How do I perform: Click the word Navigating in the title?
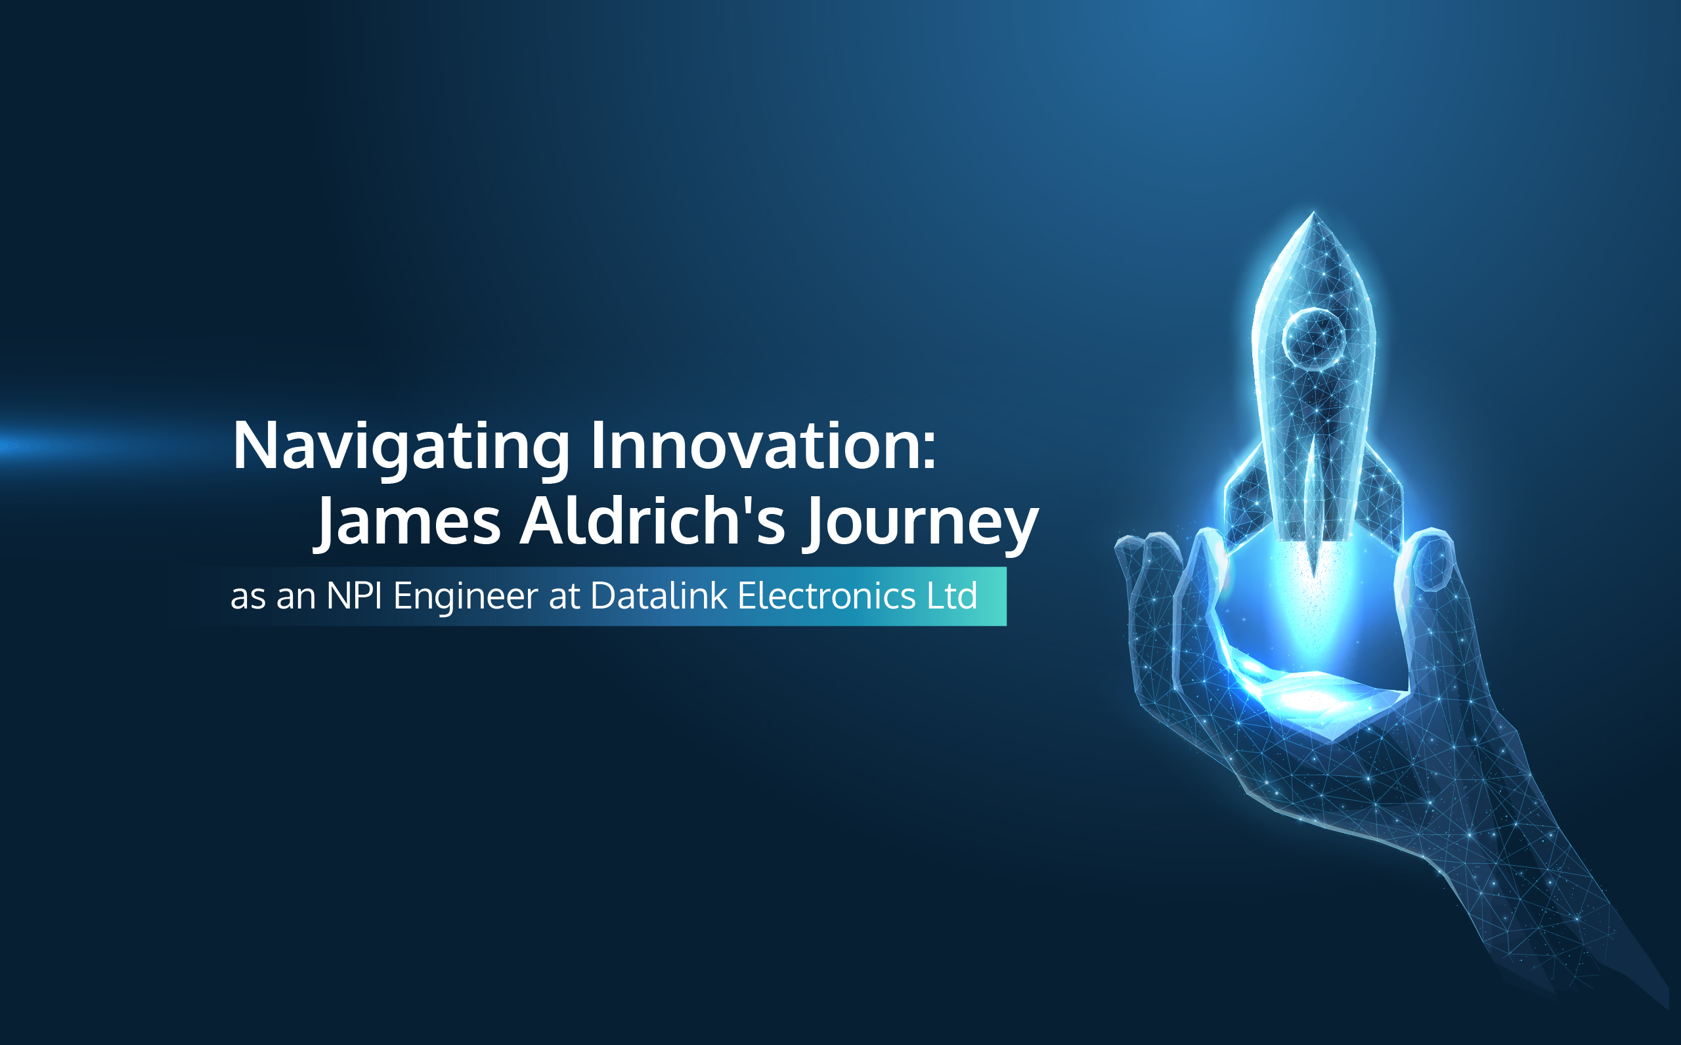(402, 448)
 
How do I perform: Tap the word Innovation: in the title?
(764, 445)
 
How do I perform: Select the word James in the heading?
(407, 522)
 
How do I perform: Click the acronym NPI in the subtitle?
(354, 595)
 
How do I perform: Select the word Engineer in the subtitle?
(465, 598)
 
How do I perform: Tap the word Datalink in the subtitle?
(659, 595)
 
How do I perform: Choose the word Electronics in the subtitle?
(827, 595)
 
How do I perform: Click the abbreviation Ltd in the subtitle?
(951, 595)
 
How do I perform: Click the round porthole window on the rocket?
(1313, 338)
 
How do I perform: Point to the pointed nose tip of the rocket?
(1313, 212)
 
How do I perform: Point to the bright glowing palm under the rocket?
(1310, 694)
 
